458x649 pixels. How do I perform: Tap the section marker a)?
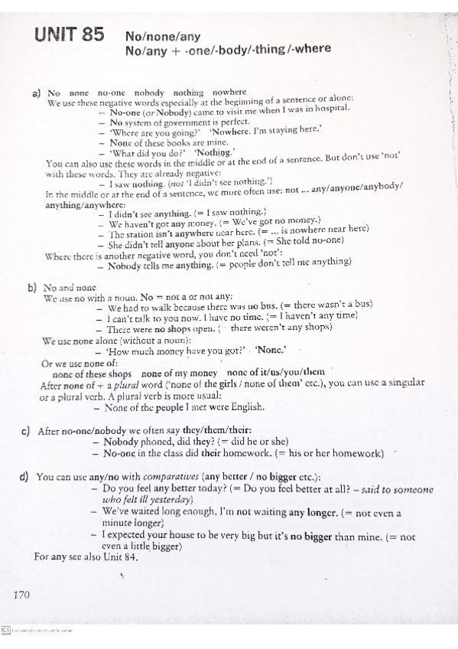click(x=36, y=93)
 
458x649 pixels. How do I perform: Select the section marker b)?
click(x=32, y=288)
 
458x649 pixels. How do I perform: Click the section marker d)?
click(x=25, y=476)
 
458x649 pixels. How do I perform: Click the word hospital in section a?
click(x=330, y=109)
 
